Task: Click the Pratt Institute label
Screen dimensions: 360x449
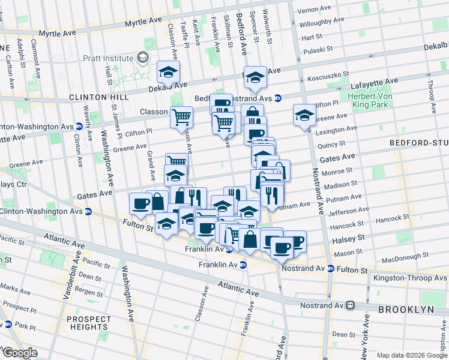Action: pyautogui.click(x=108, y=58)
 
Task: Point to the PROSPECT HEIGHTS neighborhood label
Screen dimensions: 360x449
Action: pyautogui.click(x=89, y=323)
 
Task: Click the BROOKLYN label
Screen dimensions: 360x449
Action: pyautogui.click(x=405, y=309)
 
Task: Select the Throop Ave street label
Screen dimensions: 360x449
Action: pyautogui.click(x=432, y=96)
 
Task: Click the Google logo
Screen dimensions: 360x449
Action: pyautogui.click(x=19, y=353)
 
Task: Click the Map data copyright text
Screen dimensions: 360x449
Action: pyautogui.click(x=411, y=355)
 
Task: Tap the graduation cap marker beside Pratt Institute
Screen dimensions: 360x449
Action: pyautogui.click(x=168, y=72)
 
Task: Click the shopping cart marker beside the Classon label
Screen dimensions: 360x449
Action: pyautogui.click(x=181, y=117)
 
